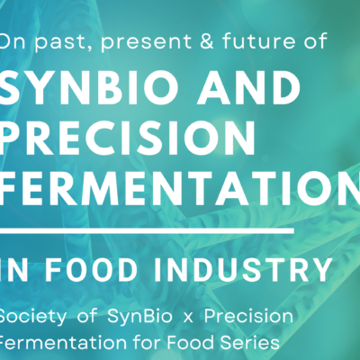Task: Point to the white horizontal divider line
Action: (147, 230)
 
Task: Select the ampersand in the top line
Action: (206, 40)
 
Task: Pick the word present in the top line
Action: (147, 42)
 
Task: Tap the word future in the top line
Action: (258, 40)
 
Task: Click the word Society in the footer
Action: (32, 318)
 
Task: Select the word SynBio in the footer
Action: (139, 318)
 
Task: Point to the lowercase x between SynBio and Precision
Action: (188, 318)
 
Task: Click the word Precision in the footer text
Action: (248, 316)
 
